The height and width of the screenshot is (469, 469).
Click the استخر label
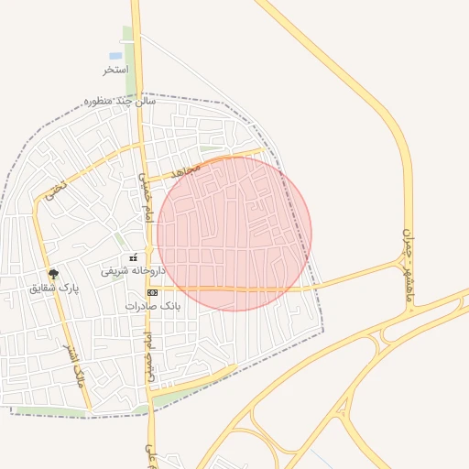[x=115, y=70]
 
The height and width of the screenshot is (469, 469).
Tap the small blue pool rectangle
[x=115, y=56]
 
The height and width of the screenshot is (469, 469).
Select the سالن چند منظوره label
[x=120, y=101]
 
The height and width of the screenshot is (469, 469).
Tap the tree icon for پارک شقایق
[x=53, y=274]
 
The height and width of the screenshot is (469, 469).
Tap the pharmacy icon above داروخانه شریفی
[x=134, y=257]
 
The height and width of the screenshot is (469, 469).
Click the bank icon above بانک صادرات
[x=152, y=291]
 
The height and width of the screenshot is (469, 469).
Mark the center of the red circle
[x=234, y=234]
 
